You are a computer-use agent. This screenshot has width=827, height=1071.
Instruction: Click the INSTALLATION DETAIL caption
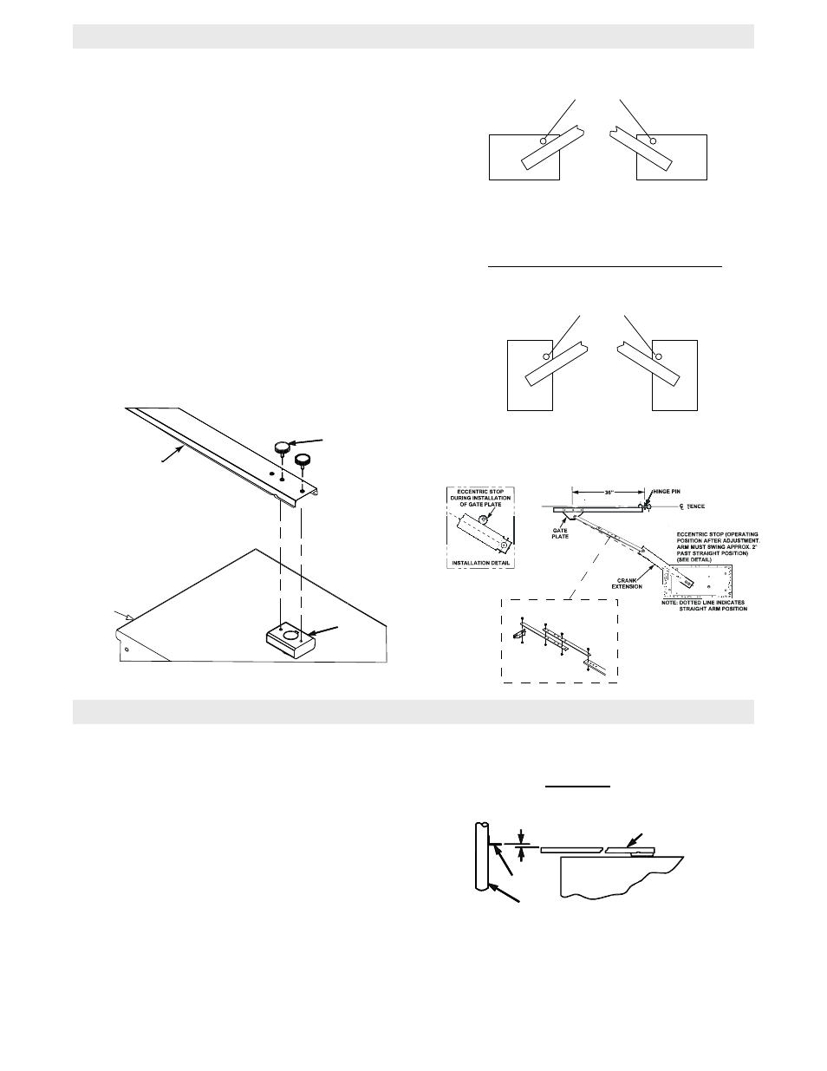[478, 563]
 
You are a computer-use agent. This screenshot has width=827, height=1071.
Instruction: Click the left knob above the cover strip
[283, 447]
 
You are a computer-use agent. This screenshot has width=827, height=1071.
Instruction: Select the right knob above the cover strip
[303, 458]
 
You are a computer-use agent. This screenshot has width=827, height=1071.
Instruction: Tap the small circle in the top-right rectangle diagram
[654, 140]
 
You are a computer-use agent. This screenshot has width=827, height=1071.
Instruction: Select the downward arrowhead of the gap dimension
[520, 835]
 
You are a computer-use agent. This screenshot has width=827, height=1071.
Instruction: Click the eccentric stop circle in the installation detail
[482, 518]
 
